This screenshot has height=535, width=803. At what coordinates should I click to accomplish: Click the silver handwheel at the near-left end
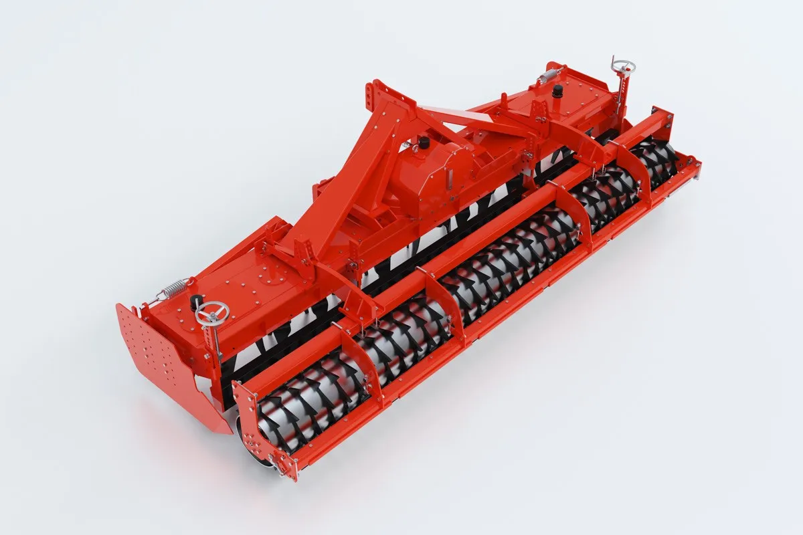pos(212,312)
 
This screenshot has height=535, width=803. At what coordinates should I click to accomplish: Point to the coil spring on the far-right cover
pos(549,75)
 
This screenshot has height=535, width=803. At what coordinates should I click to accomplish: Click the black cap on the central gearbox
pos(423,142)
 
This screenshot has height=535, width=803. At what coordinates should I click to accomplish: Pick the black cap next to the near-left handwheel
pos(196,302)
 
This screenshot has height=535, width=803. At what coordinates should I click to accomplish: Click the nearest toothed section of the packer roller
pos(308,401)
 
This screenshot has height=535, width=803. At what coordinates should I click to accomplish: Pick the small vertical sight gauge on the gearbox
pos(450,179)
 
